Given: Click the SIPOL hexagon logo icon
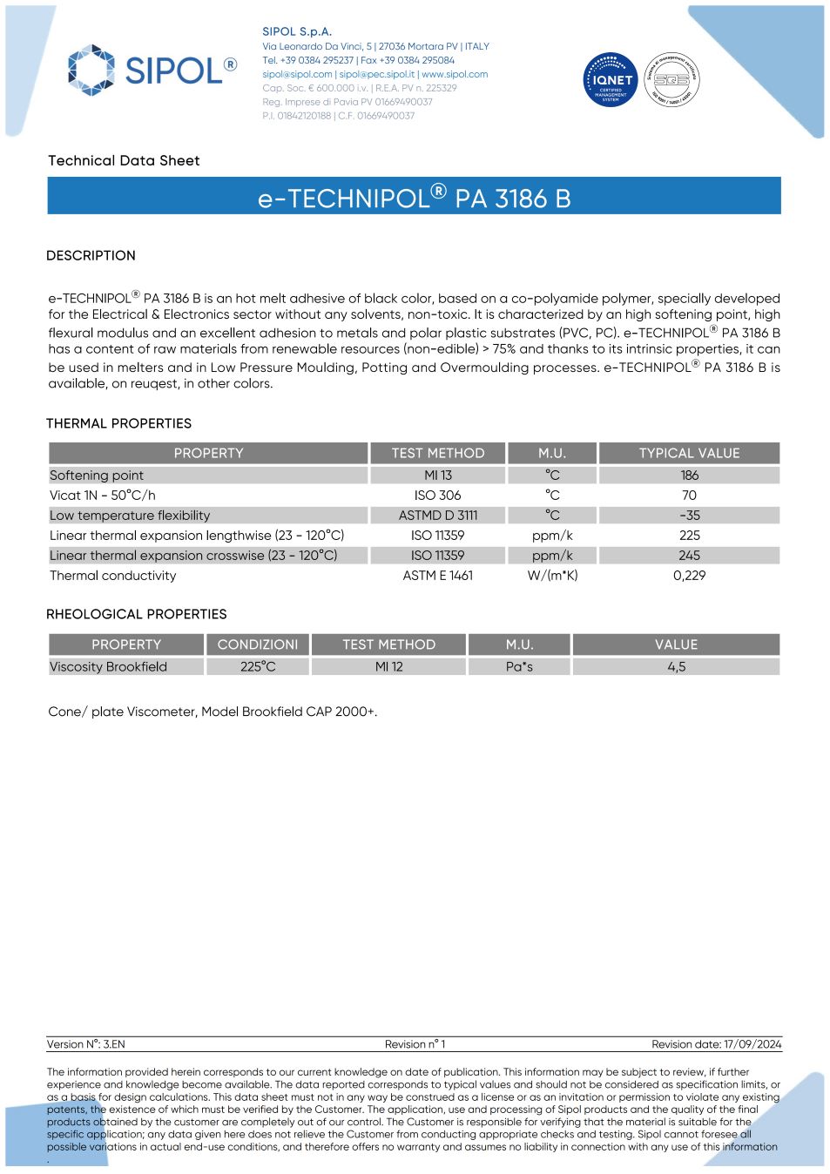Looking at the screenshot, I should pyautogui.click(x=91, y=70).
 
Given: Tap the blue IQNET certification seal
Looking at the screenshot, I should pyautogui.click(x=611, y=80).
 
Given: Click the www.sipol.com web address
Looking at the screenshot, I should pyautogui.click(x=455, y=74).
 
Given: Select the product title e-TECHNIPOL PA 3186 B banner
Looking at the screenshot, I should pyautogui.click(x=414, y=198).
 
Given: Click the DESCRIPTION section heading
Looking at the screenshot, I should pyautogui.click(x=91, y=255).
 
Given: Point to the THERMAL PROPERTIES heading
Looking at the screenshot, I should pyautogui.click(x=118, y=423).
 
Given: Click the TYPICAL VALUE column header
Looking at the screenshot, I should pyautogui.click(x=689, y=453).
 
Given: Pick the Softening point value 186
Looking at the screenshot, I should pyautogui.click(x=690, y=476).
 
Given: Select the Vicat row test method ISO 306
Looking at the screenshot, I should pyautogui.click(x=437, y=496).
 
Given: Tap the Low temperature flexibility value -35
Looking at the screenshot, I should pyautogui.click(x=690, y=516).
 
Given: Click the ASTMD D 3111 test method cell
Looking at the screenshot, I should pyautogui.click(x=437, y=516).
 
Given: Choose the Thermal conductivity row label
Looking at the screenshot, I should pyautogui.click(x=113, y=576).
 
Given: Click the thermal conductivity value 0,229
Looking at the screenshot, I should pyautogui.click(x=689, y=576).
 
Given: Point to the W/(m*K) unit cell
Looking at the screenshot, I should pyautogui.click(x=552, y=576).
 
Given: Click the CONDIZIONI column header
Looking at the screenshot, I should pyautogui.click(x=257, y=644).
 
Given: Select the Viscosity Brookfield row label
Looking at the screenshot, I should pyautogui.click(x=108, y=667).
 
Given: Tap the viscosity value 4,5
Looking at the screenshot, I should pyautogui.click(x=677, y=667).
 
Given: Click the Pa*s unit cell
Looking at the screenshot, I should pyautogui.click(x=519, y=667).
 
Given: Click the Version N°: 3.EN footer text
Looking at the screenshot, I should pyautogui.click(x=85, y=1044).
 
